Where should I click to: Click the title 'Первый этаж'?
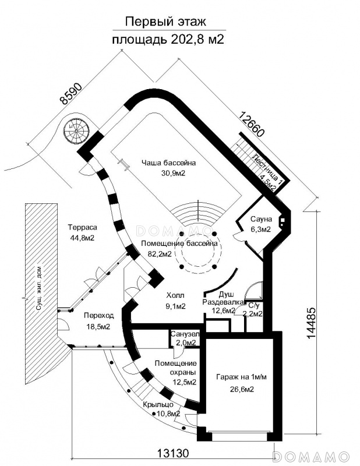tap(165, 22)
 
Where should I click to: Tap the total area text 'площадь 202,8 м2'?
tap(168, 39)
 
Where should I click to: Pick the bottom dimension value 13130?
tap(172, 453)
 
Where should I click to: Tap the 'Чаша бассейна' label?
tap(168, 163)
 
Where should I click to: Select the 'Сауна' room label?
tap(261, 219)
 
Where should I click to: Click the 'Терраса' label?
tap(82, 227)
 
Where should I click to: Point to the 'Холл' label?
tap(175, 295)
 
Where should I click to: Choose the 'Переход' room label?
tap(98, 315)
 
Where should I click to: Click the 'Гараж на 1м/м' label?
tap(241, 377)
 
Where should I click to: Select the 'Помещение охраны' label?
tap(176, 368)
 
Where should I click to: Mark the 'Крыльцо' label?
tap(158, 404)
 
